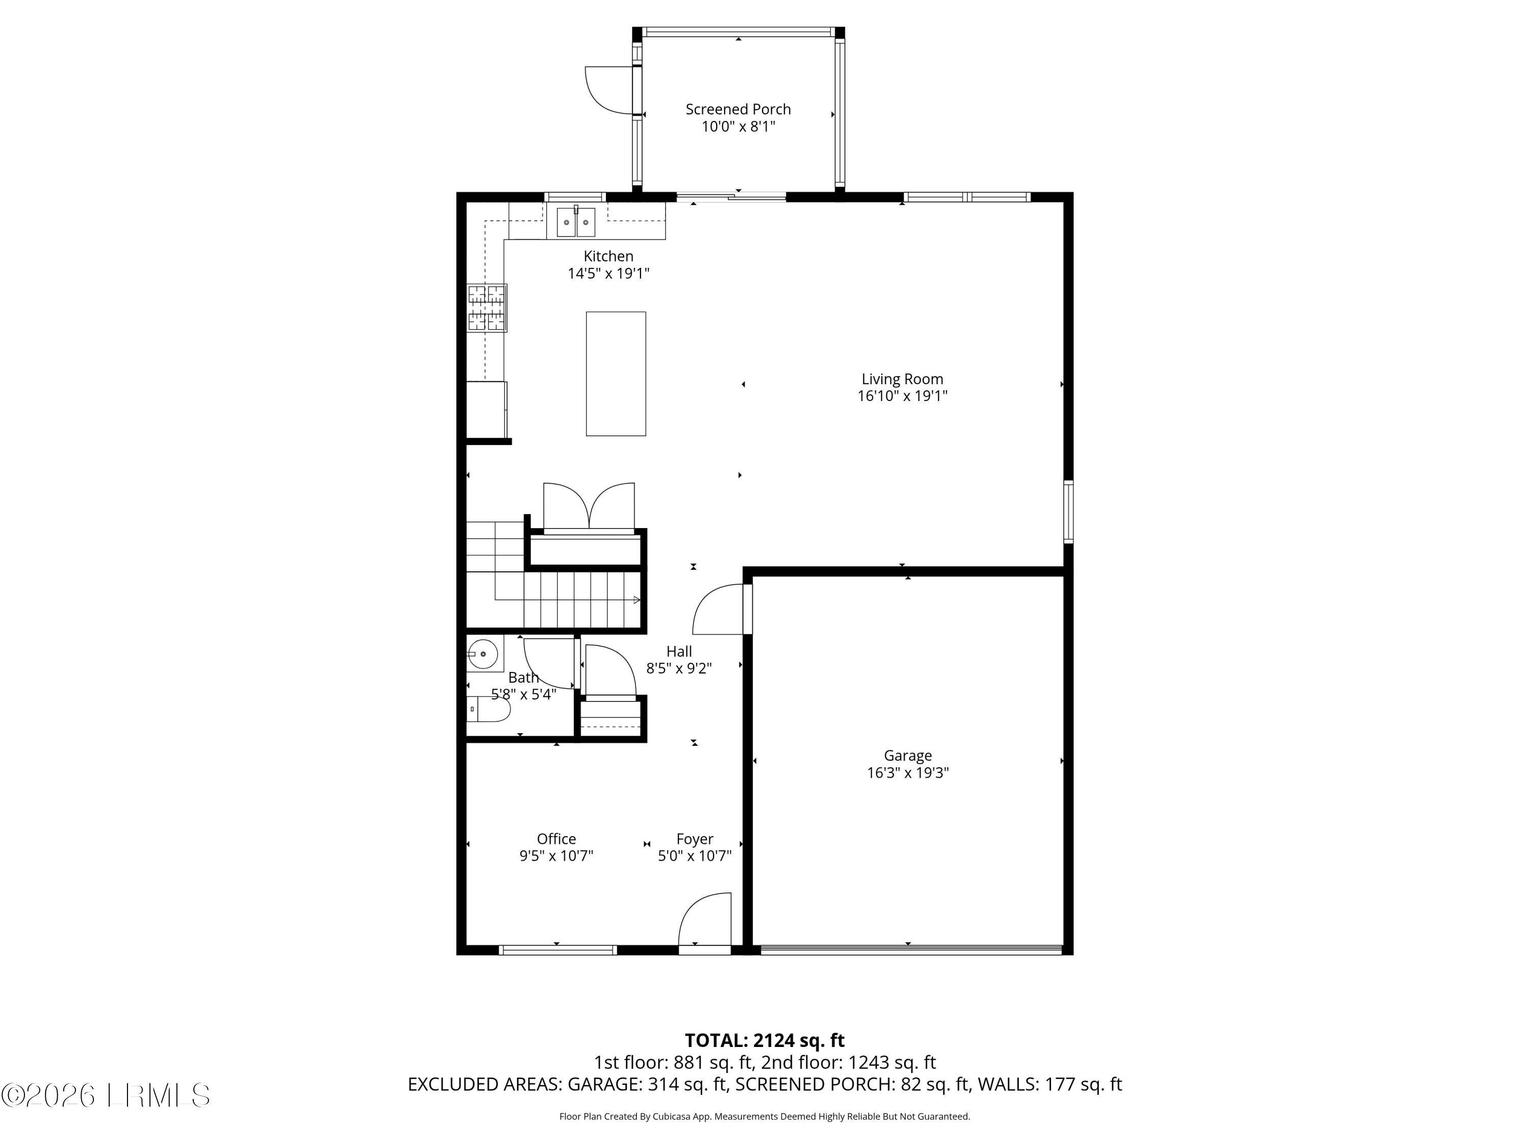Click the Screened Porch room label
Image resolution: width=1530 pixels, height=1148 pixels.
(x=737, y=109)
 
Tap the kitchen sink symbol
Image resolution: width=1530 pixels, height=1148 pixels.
(x=575, y=222)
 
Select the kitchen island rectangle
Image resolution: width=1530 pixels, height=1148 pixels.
(x=616, y=373)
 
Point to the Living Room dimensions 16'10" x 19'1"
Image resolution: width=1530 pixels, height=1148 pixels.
(x=902, y=396)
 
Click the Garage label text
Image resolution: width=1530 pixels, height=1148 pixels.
(x=907, y=756)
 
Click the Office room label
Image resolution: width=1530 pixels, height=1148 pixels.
(x=556, y=839)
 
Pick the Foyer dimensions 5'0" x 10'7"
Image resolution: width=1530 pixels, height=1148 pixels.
(x=695, y=857)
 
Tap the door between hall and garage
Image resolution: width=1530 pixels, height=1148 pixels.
(x=719, y=609)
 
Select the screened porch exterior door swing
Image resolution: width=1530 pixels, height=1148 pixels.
(x=608, y=90)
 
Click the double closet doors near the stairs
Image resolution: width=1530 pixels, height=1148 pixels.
(x=589, y=507)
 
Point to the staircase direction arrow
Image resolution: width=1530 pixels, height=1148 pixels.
(x=636, y=600)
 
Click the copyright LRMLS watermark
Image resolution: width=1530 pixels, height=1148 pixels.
(x=105, y=1095)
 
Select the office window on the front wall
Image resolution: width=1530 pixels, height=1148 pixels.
(x=557, y=950)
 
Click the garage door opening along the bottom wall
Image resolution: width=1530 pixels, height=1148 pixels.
(x=910, y=950)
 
